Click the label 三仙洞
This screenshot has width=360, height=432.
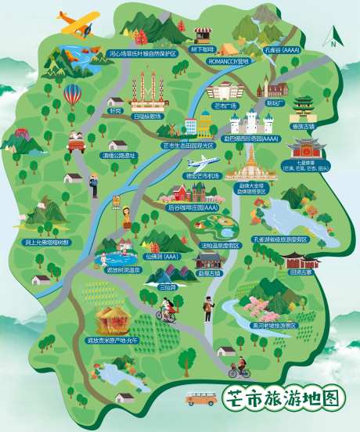(x=167, y=287)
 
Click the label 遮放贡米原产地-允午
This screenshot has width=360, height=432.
(x=112, y=341)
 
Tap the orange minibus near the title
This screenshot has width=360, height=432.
(x=201, y=399)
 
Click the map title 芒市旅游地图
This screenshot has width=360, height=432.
(x=283, y=398)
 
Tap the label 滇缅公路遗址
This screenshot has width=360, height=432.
(x=118, y=155)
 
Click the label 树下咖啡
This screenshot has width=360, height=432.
(x=202, y=49)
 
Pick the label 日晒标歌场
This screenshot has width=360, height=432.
(x=149, y=114)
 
